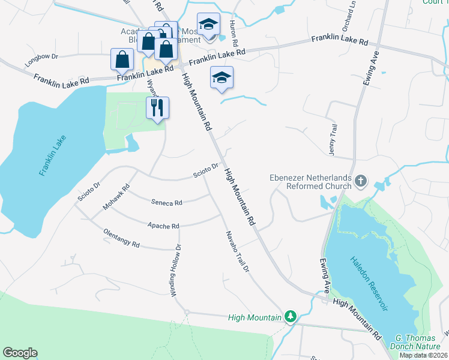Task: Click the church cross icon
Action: click(361, 181)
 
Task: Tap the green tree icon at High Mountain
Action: click(291, 316)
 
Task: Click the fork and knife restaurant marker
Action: click(158, 107)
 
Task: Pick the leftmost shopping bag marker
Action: click(122, 59)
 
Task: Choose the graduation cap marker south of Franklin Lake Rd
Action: click(221, 77)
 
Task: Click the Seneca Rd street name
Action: click(166, 203)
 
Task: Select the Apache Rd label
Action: click(163, 226)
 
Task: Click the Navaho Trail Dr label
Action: click(237, 252)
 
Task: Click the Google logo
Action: click(20, 353)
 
